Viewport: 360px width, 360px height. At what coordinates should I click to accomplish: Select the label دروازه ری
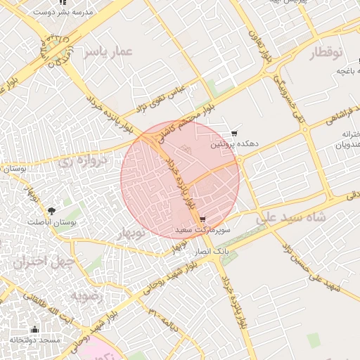click(x=84, y=160)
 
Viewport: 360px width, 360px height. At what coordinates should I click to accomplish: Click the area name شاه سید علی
click(x=291, y=218)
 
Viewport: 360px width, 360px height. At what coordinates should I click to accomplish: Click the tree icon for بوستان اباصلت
click(x=51, y=210)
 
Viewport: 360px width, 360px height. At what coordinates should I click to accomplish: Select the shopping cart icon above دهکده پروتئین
click(x=234, y=134)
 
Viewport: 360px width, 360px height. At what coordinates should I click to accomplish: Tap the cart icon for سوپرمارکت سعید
click(x=202, y=219)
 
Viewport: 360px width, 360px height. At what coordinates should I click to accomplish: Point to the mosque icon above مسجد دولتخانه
click(x=35, y=330)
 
